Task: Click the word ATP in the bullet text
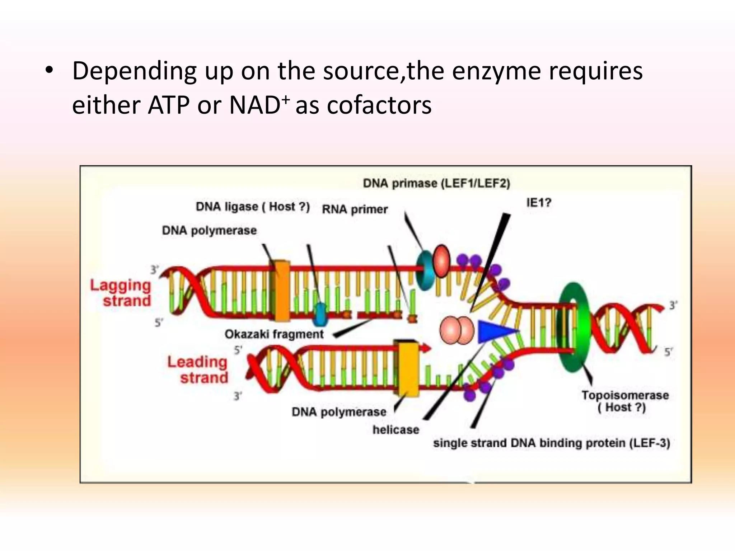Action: (168, 105)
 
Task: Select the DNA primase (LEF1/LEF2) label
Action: (436, 183)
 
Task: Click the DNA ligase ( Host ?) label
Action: (253, 207)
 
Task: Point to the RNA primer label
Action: (355, 209)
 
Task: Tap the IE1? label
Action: (538, 203)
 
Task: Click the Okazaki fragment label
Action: (274, 334)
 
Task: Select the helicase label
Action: (395, 429)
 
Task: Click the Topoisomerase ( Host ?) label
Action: (625, 401)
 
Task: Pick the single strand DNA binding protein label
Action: (551, 443)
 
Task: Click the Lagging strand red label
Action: (121, 293)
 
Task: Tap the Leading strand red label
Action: (198, 369)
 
